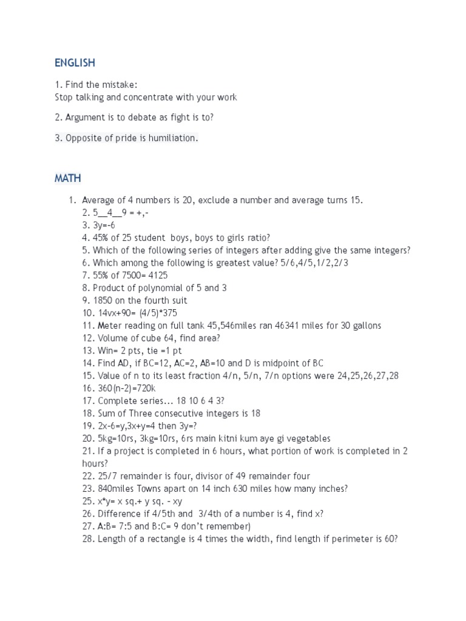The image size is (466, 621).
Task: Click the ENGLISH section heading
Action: [75, 63]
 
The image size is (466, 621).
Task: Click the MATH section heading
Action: [68, 178]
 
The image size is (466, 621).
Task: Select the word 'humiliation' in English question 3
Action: [175, 138]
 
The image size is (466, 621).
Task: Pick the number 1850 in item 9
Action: [104, 300]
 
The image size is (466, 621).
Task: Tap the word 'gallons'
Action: [364, 326]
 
